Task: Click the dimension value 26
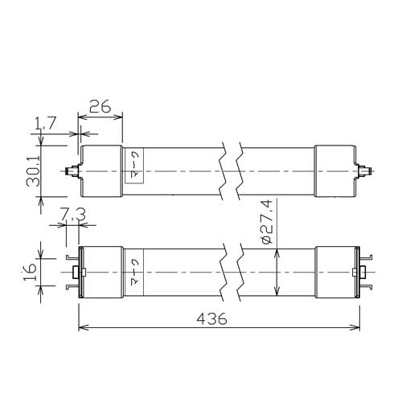pyautogui.click(x=100, y=105)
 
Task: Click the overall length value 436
pyautogui.click(x=211, y=319)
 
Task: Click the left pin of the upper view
pyautogui.click(x=71, y=171)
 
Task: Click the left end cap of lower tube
pyautogui.click(x=100, y=272)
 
